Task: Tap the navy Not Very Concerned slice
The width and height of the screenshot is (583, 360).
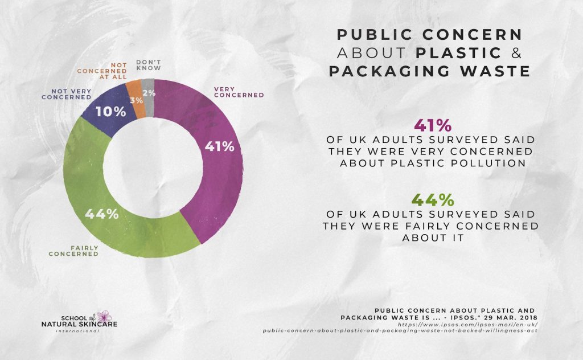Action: pyautogui.click(x=102, y=114)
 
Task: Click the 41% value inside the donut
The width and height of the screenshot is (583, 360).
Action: pyautogui.click(x=219, y=146)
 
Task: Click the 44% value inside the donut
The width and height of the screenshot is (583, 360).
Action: pyautogui.click(x=102, y=214)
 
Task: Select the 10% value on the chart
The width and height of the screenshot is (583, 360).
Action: pyautogui.click(x=111, y=112)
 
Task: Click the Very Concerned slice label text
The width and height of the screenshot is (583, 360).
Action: pyautogui.click(x=239, y=92)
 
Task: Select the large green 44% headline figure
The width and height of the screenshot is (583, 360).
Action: pyautogui.click(x=433, y=200)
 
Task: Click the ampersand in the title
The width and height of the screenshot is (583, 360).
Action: pyautogui.click(x=516, y=53)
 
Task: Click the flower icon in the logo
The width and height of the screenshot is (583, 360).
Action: pyautogui.click(x=104, y=317)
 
